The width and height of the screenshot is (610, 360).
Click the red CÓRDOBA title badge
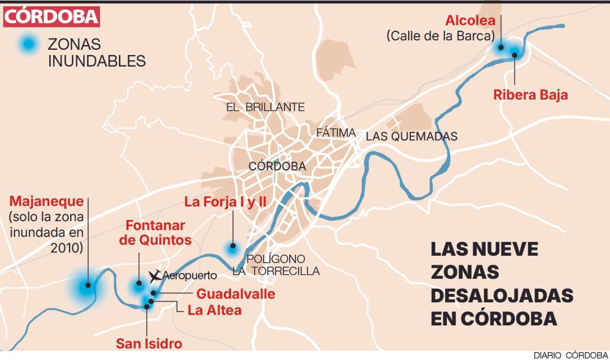pos(51,17)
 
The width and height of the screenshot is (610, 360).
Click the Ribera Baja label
pos(531,95)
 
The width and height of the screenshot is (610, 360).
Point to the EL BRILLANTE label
pos(265,107)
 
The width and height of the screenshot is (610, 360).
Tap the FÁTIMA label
pos(335,132)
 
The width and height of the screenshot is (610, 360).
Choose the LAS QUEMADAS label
pos(412,136)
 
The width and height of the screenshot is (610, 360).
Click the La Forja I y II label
pos(226,202)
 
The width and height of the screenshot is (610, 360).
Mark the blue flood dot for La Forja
pos(232,248)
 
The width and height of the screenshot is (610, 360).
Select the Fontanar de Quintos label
pos(156,232)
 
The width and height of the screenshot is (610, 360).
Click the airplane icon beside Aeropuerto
pos(155,276)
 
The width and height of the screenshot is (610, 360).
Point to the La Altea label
pos(215,310)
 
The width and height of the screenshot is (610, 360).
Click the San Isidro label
pos(149,344)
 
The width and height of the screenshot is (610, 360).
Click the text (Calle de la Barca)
pos(440,36)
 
